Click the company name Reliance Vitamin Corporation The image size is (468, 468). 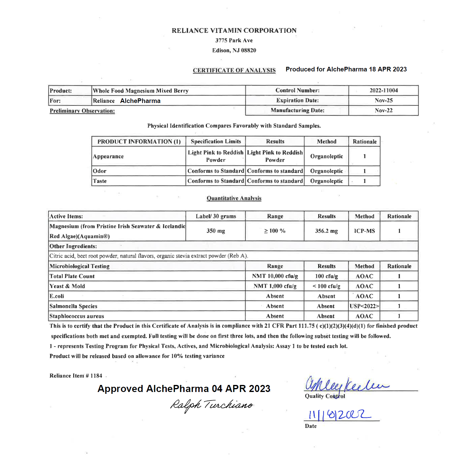(234, 31)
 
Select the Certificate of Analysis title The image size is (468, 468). (234, 70)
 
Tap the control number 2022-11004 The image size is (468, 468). (383, 90)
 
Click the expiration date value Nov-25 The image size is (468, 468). (383, 101)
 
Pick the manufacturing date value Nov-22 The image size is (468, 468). (383, 110)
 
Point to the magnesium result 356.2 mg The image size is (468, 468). (326, 231)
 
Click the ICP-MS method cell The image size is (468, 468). (364, 231)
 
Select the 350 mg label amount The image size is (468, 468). (215, 231)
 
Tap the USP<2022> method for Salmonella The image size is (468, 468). (364, 306)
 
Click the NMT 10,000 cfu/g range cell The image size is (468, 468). (275, 276)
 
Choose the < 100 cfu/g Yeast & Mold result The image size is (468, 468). (326, 286)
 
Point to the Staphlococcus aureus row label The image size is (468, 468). (77, 316)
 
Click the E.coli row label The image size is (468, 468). (57, 296)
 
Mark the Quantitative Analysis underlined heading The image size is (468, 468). (234, 198)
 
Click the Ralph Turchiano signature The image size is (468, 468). (212, 405)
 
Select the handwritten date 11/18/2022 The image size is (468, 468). (340, 415)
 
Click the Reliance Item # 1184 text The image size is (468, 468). (76, 376)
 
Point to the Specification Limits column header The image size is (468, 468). (216, 142)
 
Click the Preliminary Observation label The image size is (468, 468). (82, 111)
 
